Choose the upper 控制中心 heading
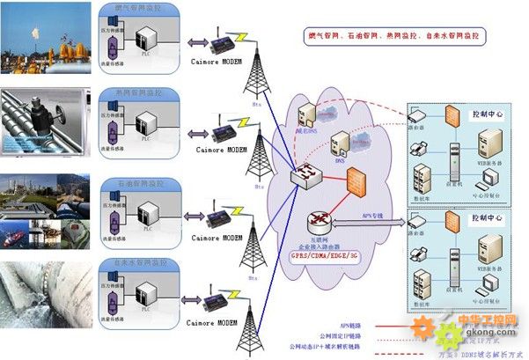click(486, 114)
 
